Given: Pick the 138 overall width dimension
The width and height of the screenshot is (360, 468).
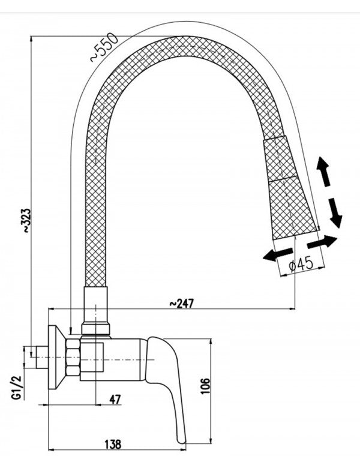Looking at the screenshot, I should click(x=112, y=444).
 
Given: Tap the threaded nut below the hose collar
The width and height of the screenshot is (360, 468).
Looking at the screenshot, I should click(x=97, y=328).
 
